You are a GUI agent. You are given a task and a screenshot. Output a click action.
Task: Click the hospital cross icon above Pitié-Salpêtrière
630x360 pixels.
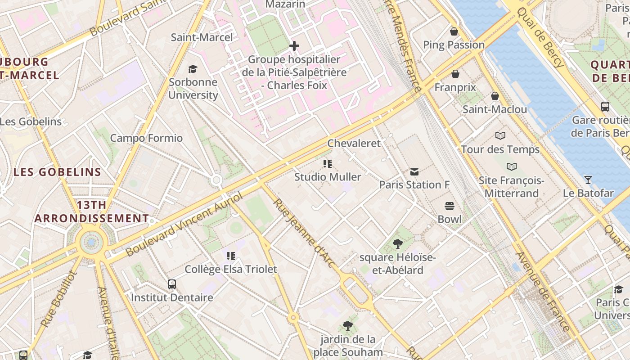(x=294, y=46)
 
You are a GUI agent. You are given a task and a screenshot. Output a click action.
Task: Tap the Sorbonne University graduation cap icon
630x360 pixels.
(x=193, y=69)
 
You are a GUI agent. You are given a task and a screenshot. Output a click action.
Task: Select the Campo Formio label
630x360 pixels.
(x=146, y=138)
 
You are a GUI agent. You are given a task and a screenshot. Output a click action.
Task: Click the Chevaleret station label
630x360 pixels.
(x=354, y=143)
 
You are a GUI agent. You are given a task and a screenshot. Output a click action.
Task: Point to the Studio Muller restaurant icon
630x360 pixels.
(x=328, y=164)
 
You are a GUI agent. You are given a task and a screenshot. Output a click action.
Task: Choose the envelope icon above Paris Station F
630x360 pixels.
(x=414, y=171)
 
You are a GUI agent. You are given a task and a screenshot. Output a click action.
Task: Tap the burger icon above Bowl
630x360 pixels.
(x=449, y=206)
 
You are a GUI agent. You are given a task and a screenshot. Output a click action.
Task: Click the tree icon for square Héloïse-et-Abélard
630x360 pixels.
(x=397, y=244)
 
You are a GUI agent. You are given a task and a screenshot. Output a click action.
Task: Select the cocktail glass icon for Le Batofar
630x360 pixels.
(x=588, y=180)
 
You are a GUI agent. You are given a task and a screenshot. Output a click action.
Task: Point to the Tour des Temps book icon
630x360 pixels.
(x=500, y=136)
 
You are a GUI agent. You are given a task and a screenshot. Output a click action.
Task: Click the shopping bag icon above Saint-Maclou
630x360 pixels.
(x=495, y=96)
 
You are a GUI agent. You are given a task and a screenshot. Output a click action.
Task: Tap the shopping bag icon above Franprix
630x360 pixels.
(x=455, y=74)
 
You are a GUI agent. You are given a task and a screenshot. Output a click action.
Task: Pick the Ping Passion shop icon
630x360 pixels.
(x=454, y=31)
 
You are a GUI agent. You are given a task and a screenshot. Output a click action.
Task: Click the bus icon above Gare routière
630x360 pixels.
(x=605, y=107)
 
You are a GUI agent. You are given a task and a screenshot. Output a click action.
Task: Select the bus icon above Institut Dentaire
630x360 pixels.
(x=172, y=284)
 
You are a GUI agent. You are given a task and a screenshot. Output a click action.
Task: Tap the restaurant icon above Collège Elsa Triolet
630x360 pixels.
(x=231, y=256)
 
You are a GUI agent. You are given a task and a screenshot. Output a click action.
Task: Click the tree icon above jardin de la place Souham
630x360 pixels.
(x=347, y=326)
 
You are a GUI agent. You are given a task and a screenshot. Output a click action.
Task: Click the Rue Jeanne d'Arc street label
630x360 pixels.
(x=305, y=233)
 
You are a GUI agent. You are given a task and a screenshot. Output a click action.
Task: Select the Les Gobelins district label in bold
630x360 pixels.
(x=57, y=172)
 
